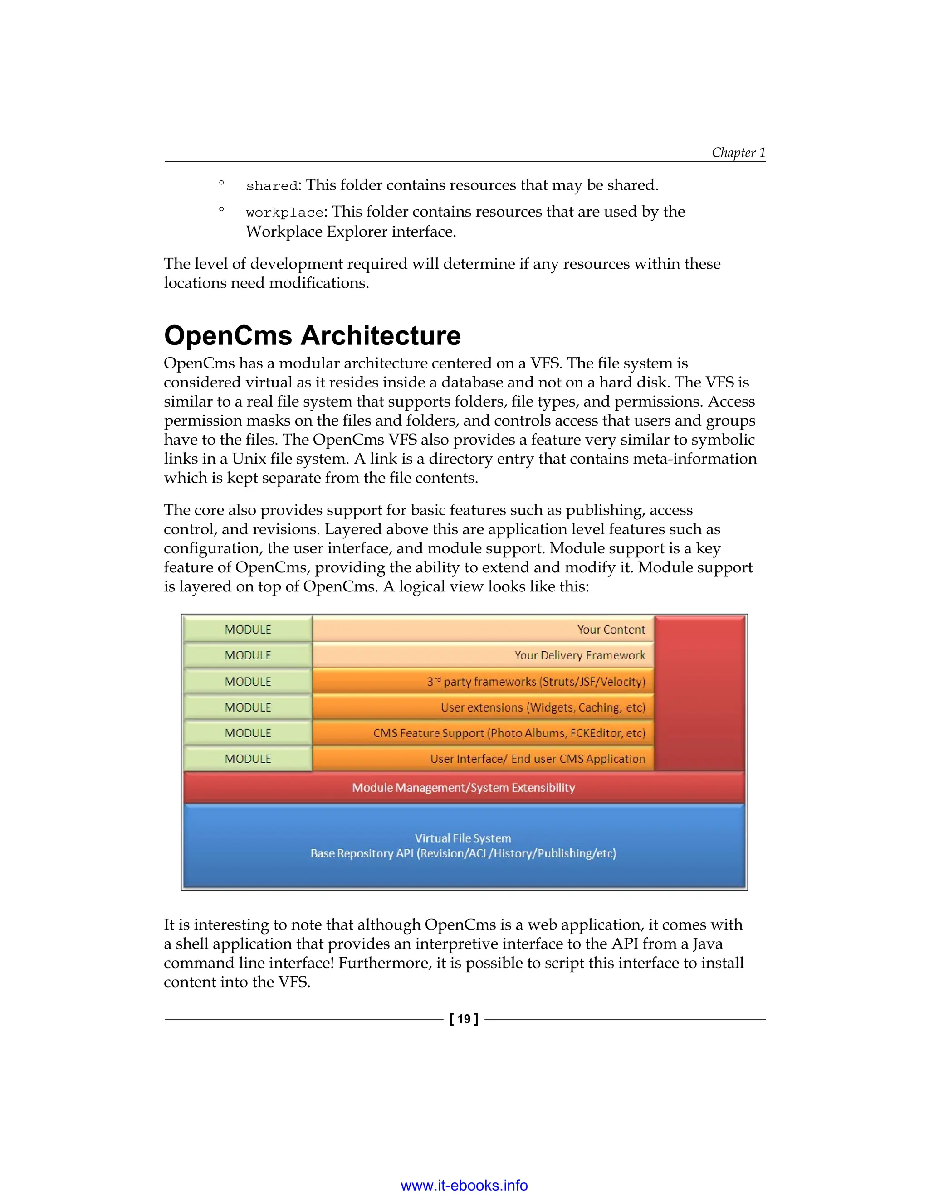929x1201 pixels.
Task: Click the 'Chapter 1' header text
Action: coord(738,152)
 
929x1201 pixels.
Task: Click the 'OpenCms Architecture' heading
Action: coord(312,335)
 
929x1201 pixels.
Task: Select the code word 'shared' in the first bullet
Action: coord(271,186)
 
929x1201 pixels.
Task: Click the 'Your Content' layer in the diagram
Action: coord(611,629)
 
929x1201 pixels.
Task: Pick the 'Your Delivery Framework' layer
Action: coord(580,655)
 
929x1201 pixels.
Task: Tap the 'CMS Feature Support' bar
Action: coord(509,733)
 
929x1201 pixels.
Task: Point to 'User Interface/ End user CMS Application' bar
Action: coord(537,759)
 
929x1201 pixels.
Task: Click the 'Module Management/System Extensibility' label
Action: coord(464,788)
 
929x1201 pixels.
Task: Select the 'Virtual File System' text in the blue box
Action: coord(463,838)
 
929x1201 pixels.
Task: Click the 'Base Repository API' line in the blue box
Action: coord(463,853)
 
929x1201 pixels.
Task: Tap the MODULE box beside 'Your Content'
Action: coord(248,629)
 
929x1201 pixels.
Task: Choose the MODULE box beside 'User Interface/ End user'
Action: coord(248,759)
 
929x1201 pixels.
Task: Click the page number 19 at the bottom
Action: coord(464,1019)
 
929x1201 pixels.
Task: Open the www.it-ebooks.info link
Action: coord(464,1185)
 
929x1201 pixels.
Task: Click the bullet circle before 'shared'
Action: coord(221,183)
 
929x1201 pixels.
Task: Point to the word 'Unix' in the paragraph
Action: coord(249,459)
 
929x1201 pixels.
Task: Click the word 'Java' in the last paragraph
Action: coord(707,944)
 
